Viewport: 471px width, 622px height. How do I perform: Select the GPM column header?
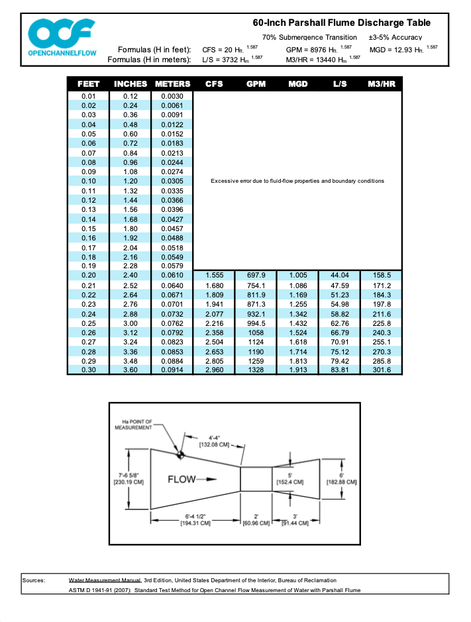pyautogui.click(x=256, y=84)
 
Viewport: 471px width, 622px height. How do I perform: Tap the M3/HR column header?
pyautogui.click(x=382, y=84)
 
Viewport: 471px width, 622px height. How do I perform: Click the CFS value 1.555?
pyautogui.click(x=214, y=275)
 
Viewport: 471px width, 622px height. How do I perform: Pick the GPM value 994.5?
pyautogui.click(x=256, y=323)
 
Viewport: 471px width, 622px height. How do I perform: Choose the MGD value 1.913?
pyautogui.click(x=298, y=370)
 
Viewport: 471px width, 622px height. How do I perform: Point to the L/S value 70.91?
pyautogui.click(x=340, y=342)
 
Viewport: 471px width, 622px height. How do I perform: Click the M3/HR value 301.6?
pyautogui.click(x=382, y=370)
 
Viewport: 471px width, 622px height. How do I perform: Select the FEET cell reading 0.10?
pyautogui.click(x=89, y=181)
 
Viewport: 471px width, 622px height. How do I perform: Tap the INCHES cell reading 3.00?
pyautogui.click(x=131, y=323)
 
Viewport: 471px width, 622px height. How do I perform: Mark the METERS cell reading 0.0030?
pyautogui.click(x=172, y=97)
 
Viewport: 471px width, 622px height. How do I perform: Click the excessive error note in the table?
pyautogui.click(x=297, y=181)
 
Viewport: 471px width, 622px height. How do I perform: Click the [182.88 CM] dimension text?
pyautogui.click(x=342, y=482)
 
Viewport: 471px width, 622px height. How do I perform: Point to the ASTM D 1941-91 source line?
pyautogui.click(x=215, y=590)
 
